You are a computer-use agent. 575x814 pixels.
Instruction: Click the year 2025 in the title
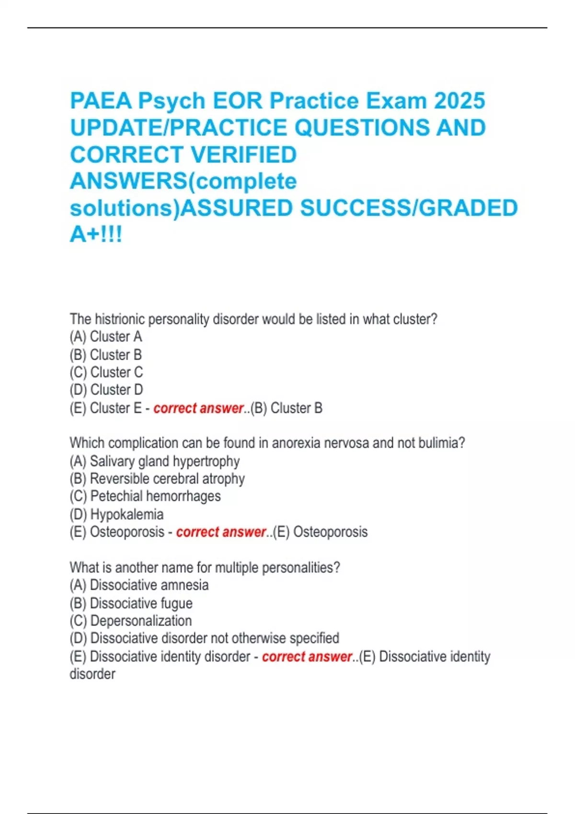460,101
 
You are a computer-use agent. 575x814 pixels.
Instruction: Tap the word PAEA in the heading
101,101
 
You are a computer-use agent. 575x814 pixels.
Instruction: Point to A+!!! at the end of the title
96,235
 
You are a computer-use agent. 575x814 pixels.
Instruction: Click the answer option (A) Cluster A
106,337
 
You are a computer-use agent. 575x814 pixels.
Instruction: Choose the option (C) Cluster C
106,373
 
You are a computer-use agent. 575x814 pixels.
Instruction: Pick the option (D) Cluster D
106,390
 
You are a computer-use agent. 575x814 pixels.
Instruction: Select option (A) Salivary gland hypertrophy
155,461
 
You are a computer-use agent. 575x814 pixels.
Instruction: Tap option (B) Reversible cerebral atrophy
157,479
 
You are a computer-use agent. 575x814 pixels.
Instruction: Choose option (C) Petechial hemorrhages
145,497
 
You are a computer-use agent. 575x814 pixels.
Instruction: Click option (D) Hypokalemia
116,515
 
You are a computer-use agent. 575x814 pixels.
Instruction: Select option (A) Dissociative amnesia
139,585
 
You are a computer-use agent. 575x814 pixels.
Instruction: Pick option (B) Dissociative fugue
131,603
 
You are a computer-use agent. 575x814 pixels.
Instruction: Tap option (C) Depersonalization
131,621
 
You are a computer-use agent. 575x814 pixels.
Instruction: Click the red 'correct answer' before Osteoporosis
221,532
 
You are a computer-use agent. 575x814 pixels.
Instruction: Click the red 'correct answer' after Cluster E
198,408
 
